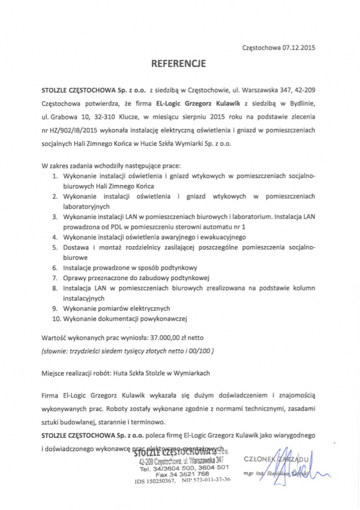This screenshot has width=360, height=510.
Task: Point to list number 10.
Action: (56, 318)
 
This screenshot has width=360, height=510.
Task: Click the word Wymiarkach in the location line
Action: (191, 373)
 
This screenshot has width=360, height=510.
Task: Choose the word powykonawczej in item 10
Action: (164, 318)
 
